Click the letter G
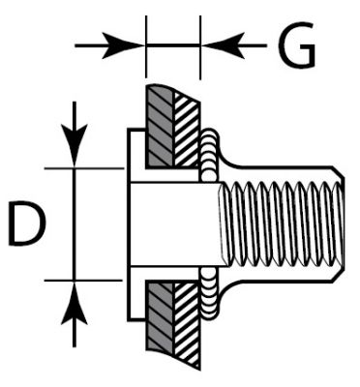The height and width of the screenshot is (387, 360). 296,45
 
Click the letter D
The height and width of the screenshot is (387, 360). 26,223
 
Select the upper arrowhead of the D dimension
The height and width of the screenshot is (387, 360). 75,145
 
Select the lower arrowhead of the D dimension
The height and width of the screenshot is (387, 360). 75,303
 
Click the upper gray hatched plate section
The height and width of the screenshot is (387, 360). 160,127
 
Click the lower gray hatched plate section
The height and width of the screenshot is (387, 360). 160,317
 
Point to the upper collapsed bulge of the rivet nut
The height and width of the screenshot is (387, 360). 210,155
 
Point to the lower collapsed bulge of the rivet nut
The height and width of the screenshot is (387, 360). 210,294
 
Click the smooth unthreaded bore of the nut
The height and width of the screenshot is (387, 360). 174,224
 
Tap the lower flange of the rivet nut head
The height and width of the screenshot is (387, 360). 136,293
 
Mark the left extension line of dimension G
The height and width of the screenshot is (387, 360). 146,46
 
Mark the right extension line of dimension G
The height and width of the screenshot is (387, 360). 200,47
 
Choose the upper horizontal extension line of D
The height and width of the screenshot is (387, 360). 84,168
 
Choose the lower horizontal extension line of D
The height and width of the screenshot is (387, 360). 83,281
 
